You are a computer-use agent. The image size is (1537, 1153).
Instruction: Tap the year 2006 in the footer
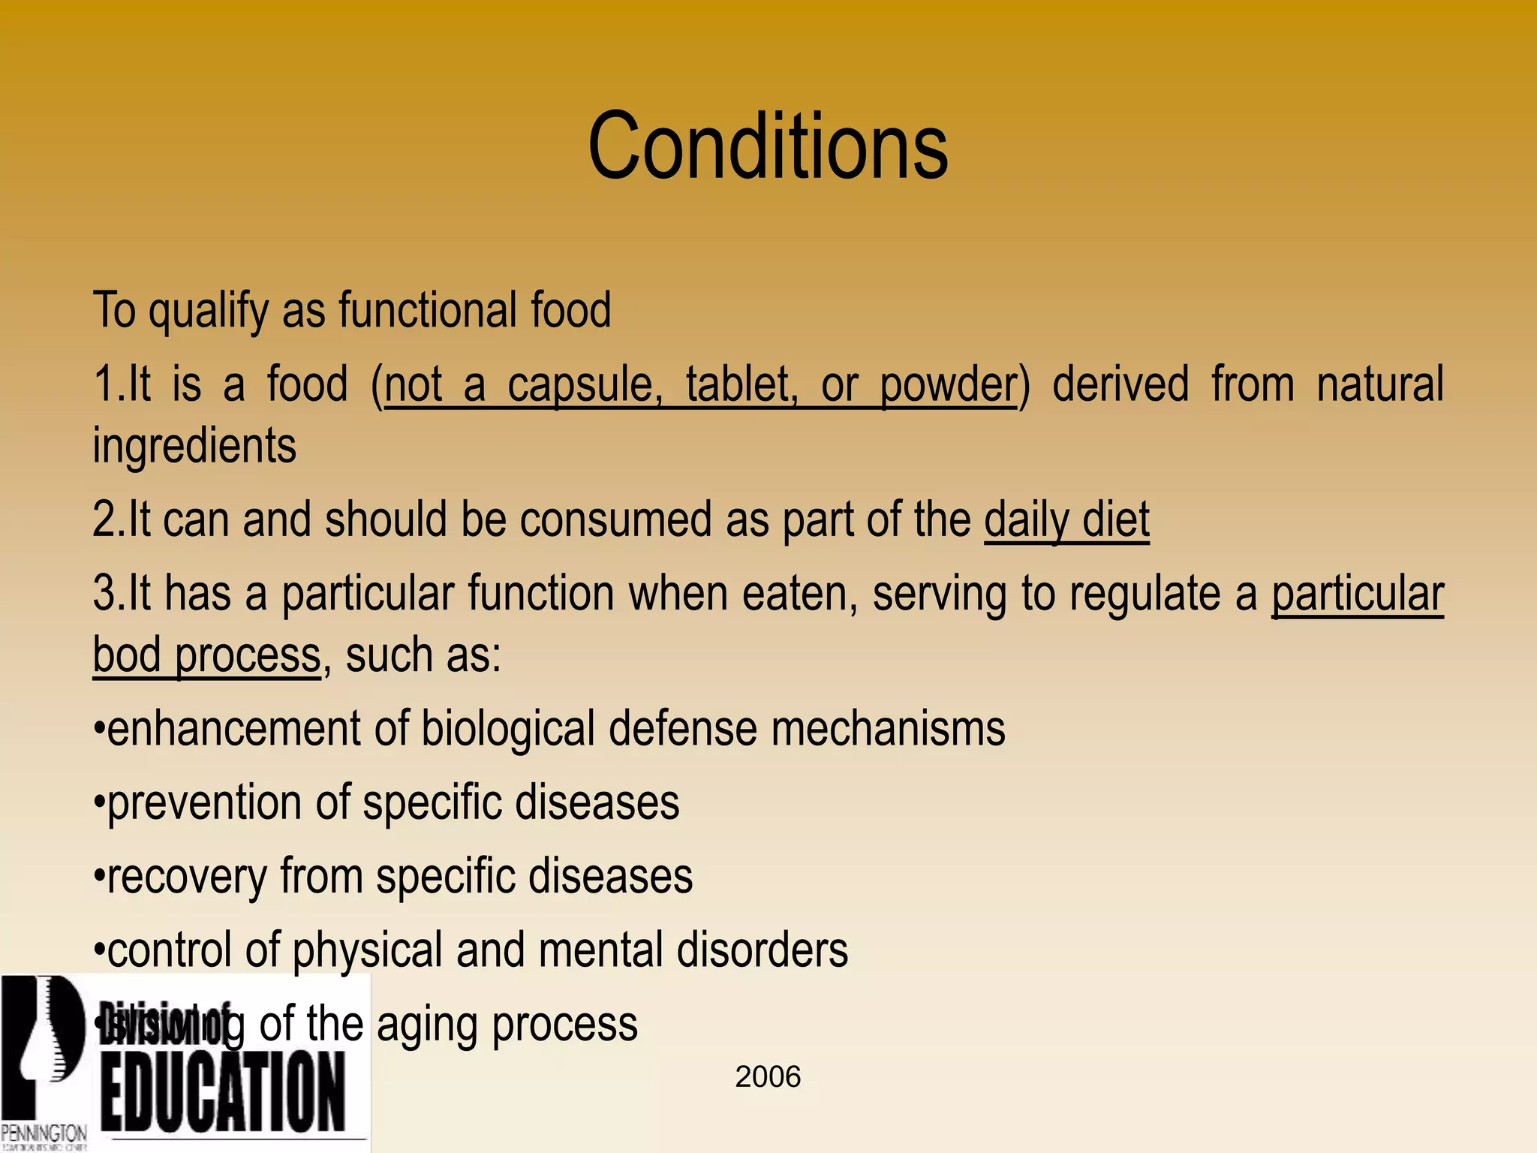pos(768,1076)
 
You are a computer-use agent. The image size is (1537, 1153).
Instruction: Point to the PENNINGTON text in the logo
pos(44,1132)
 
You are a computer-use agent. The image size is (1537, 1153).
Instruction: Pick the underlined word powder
pos(948,384)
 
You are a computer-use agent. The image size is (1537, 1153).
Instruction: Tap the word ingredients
pos(194,445)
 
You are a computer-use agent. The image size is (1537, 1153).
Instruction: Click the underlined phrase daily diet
pos(1066,519)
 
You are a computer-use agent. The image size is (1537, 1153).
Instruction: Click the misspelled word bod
pos(126,655)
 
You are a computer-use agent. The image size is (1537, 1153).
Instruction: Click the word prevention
pos(204,802)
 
